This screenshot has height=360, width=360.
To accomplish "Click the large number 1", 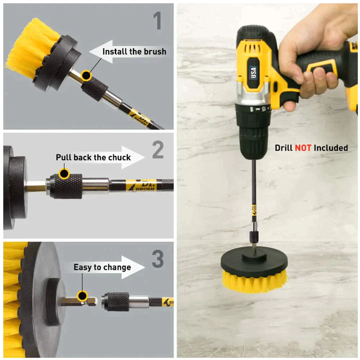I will (x=157, y=21).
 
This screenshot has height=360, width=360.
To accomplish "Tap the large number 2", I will (x=158, y=150).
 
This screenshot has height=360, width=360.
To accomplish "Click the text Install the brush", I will (x=134, y=51).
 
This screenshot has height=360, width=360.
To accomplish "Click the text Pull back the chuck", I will (x=93, y=157).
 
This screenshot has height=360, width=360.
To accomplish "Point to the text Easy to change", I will (x=102, y=267).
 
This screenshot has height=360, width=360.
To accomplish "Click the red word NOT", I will (x=303, y=148).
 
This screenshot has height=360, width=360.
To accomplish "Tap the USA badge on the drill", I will (x=253, y=72).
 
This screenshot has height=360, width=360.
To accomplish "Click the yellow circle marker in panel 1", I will (x=86, y=75).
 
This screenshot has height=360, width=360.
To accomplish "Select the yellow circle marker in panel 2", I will (x=64, y=174).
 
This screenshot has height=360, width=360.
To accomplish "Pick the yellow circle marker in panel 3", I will (x=82, y=296).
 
